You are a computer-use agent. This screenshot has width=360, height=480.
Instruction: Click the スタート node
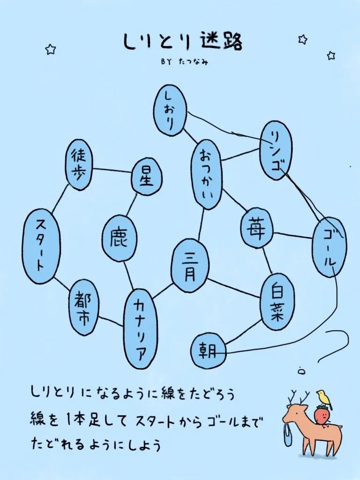click(x=39, y=246)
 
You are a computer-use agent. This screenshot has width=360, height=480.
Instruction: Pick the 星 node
click(x=146, y=177)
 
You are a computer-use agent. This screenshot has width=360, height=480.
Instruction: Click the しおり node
click(x=170, y=110)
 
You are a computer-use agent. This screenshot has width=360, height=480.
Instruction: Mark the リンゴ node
click(x=276, y=150)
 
